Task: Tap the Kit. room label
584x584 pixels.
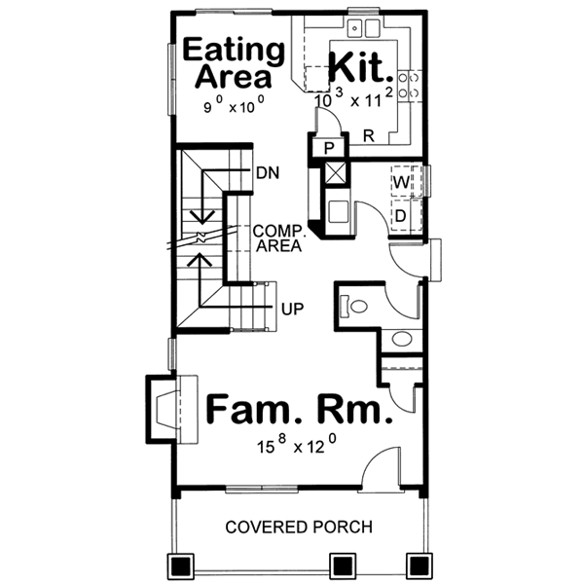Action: tap(361, 68)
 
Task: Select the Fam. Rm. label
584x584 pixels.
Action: tap(299, 410)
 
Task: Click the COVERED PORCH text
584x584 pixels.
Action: tap(299, 528)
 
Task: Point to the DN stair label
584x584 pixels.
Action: tap(268, 174)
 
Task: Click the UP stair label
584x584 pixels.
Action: tap(291, 310)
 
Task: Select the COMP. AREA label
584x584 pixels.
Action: tap(277, 238)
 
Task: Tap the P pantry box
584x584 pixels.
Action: tap(329, 148)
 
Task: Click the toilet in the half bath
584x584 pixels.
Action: tap(355, 306)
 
